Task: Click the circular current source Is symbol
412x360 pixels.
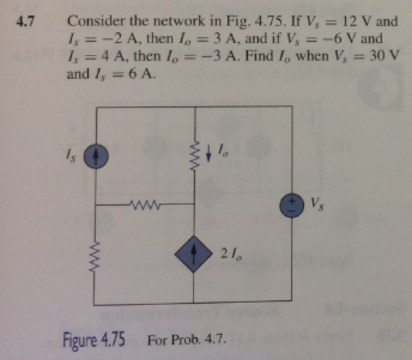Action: point(96,157)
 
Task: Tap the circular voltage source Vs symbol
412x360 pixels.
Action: point(293,205)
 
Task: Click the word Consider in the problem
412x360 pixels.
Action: point(94,21)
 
